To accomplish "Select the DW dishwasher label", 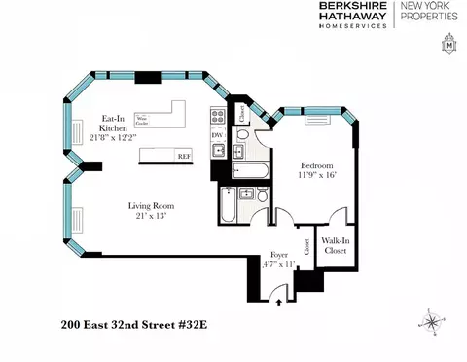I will (x=218, y=135).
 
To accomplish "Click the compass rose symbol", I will (x=431, y=318).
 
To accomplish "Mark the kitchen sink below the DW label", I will (x=219, y=151).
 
